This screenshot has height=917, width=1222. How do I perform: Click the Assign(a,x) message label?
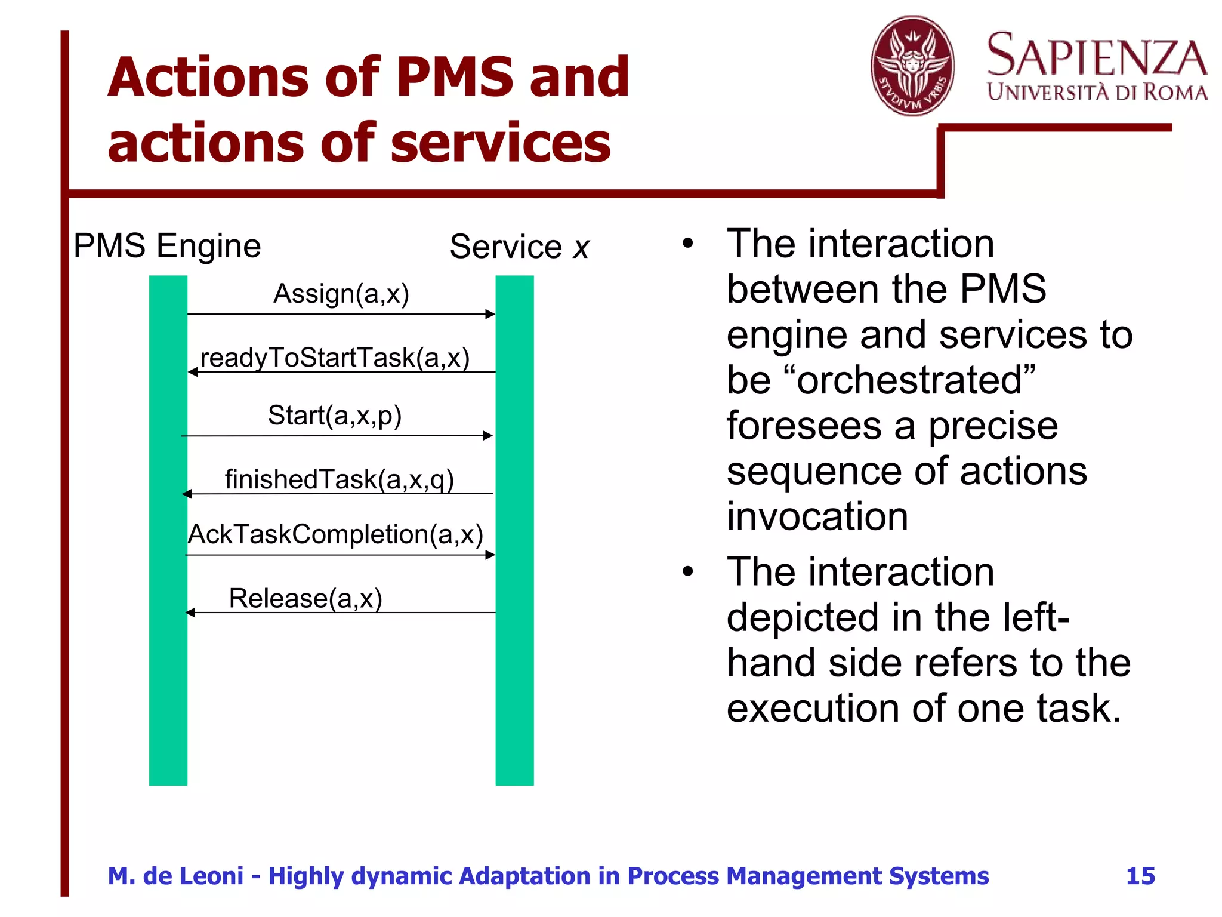(x=341, y=294)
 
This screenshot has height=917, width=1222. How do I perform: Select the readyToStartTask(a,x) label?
(x=335, y=358)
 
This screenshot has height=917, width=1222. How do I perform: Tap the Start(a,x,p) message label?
(x=335, y=416)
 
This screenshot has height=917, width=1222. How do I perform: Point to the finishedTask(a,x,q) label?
(x=339, y=479)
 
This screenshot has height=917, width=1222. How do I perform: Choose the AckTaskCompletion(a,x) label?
(x=335, y=534)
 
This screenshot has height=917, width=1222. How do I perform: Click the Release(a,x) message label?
(x=305, y=598)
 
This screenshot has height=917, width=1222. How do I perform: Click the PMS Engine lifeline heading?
(x=167, y=246)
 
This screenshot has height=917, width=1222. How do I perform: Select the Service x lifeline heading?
(x=519, y=247)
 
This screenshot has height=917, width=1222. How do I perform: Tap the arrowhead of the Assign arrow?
(x=490, y=314)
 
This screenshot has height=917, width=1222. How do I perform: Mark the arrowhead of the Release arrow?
(x=190, y=613)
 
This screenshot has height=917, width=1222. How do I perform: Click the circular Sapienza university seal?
(x=912, y=66)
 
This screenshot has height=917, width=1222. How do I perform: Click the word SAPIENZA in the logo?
(x=1097, y=55)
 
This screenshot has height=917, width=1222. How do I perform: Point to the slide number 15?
(x=1140, y=876)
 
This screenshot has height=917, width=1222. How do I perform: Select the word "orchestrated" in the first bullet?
(x=909, y=380)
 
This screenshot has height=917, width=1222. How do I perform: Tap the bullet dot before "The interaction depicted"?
(x=688, y=572)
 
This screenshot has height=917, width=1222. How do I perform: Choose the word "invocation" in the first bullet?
(x=817, y=516)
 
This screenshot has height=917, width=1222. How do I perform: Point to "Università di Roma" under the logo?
(x=1097, y=93)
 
